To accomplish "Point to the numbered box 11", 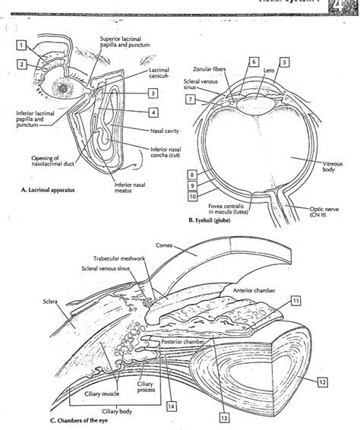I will coord(295,302).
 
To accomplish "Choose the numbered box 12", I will coord(323,381).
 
